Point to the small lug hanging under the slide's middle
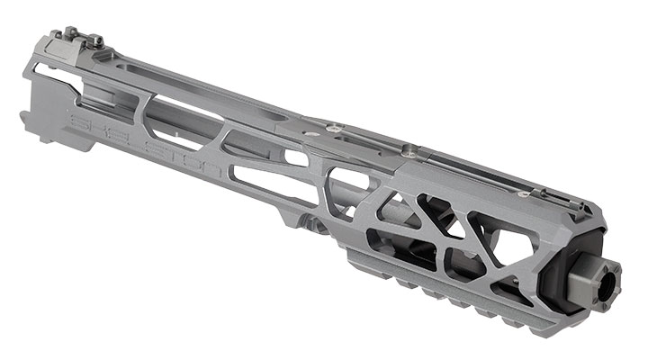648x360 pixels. coord(312,222)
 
